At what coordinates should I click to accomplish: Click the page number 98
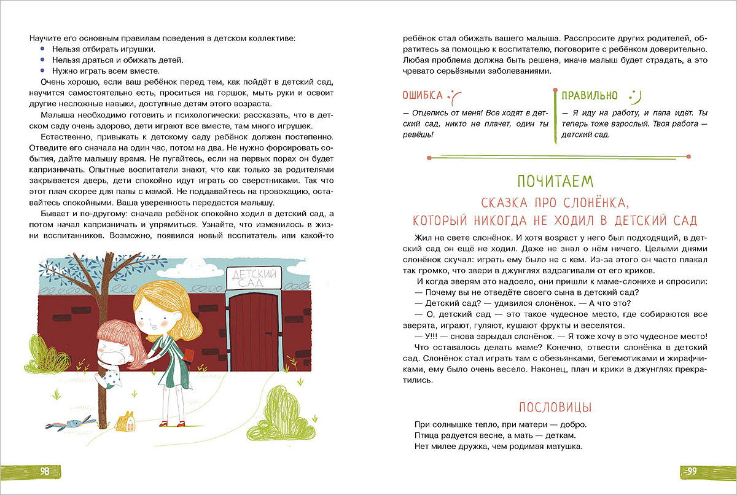tap(45, 472)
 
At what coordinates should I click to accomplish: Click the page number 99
tap(691, 472)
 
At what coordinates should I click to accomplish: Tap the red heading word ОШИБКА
tap(422, 95)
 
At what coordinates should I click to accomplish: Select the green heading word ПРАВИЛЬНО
tap(589, 95)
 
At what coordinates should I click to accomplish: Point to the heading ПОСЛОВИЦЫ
tap(555, 407)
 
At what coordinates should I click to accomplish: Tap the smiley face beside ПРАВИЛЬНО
tap(634, 95)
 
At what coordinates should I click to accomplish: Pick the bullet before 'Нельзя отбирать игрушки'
tap(42, 49)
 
